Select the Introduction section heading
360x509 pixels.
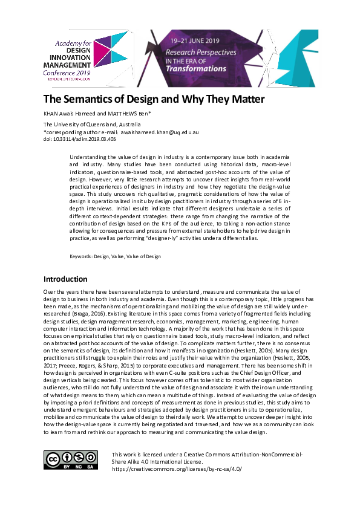coord(65,279)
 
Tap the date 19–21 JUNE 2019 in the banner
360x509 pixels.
coord(195,40)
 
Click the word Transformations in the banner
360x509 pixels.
coord(195,69)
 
